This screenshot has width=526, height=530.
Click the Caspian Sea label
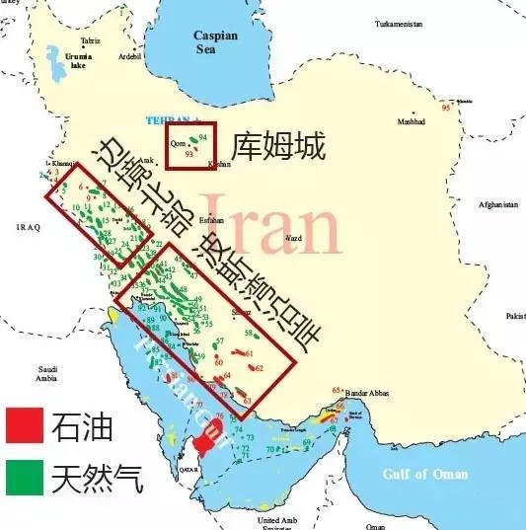[216, 41]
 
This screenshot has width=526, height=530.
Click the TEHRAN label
[165, 120]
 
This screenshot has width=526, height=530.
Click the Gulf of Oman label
[425, 474]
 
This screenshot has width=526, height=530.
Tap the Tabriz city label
[92, 40]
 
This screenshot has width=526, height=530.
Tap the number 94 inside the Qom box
[203, 135]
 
